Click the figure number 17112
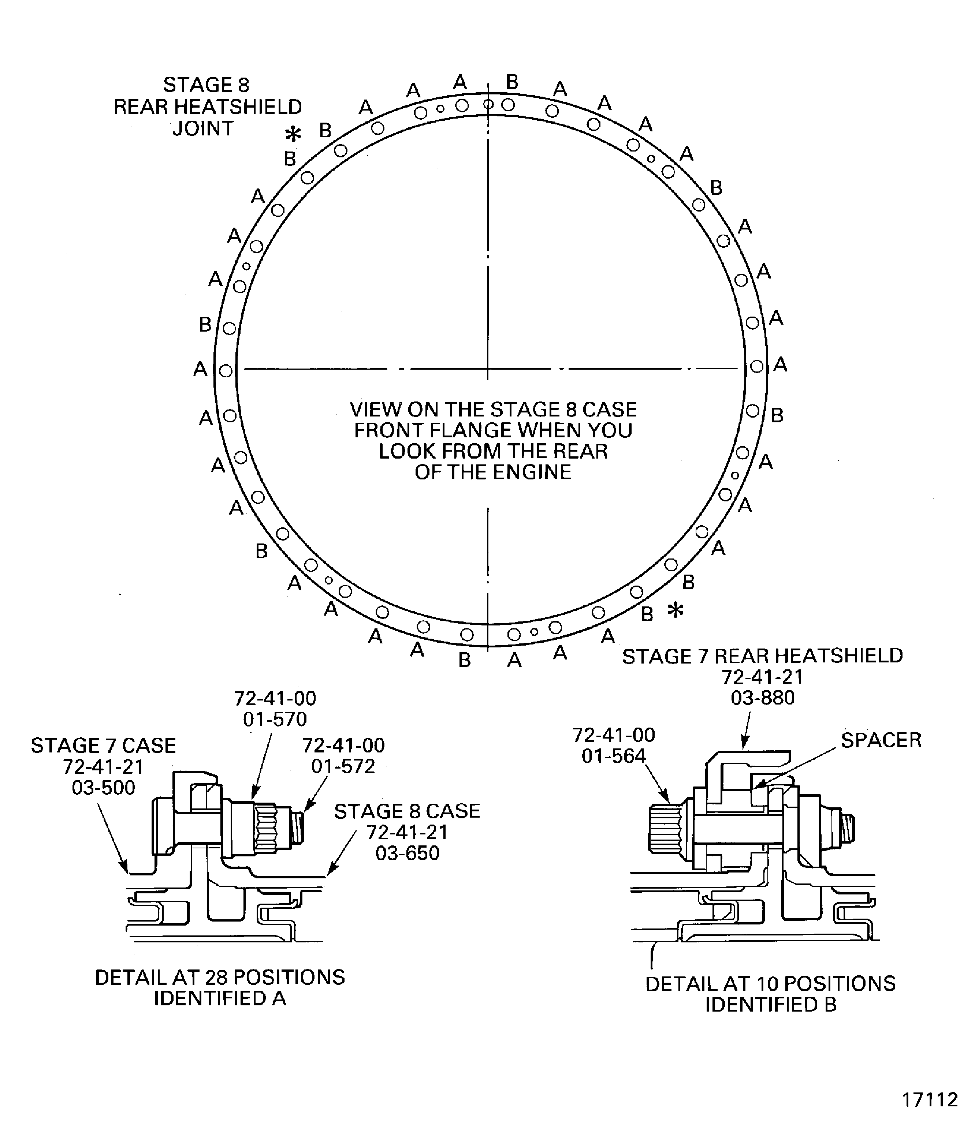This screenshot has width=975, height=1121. (930, 1099)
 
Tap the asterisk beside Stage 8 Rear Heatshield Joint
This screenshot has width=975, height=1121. (293, 134)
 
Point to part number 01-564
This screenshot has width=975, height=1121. (613, 756)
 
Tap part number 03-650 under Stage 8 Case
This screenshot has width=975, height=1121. (407, 853)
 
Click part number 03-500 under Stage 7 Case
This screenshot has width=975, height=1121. (103, 788)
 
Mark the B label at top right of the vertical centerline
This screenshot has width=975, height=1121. (512, 82)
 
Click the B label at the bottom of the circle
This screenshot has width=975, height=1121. (464, 660)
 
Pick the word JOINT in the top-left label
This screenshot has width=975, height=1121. (203, 129)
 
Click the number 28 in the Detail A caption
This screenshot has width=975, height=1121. (215, 978)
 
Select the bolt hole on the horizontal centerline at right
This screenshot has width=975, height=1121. (756, 367)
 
